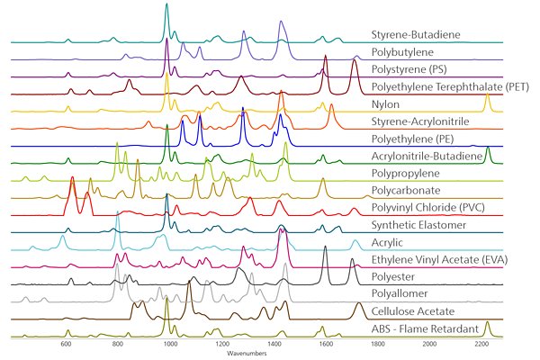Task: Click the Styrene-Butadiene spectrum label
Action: pos(416,35)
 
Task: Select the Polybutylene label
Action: pos(402,52)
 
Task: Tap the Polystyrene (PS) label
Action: pos(410,69)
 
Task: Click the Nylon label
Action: pos(386,104)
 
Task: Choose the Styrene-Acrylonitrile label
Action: pos(418,121)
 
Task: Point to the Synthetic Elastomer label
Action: pos(418,225)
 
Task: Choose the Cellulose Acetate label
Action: pos(413,311)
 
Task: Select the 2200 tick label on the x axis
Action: pos(481,344)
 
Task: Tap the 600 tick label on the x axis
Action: pos(66,344)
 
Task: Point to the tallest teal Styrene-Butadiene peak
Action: pos(166,5)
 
